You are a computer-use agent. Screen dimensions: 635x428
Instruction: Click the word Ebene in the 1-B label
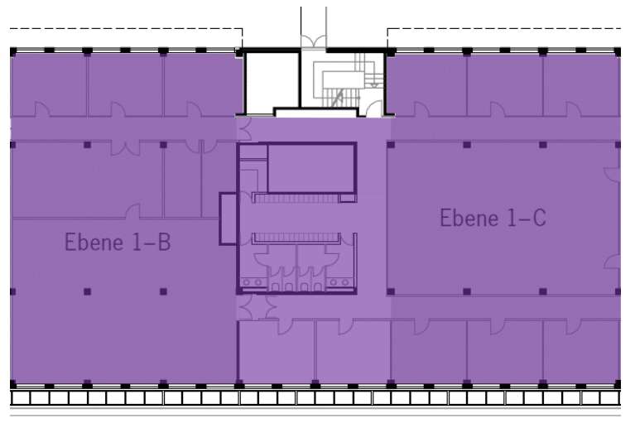pyautogui.click(x=94, y=242)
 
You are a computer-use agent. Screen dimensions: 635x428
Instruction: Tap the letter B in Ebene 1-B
pyautogui.click(x=164, y=242)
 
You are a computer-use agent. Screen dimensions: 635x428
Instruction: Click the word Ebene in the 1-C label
pyautogui.click(x=469, y=218)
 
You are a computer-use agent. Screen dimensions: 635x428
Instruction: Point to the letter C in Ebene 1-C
pyautogui.click(x=540, y=218)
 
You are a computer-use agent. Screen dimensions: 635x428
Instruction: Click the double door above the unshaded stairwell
pyautogui.click(x=313, y=41)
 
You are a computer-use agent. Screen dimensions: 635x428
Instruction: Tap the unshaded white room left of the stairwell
pyautogui.click(x=272, y=82)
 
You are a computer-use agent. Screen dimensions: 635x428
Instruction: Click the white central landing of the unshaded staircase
pyautogui.click(x=344, y=79)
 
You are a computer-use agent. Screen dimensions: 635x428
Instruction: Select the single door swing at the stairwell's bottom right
pyautogui.click(x=374, y=108)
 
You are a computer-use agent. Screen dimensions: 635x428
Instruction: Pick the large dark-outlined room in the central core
pyautogui.click(x=312, y=167)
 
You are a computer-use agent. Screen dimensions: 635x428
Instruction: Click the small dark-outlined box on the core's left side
pyautogui.click(x=229, y=219)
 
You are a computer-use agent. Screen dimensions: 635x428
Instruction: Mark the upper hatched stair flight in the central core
pyautogui.click(x=296, y=198)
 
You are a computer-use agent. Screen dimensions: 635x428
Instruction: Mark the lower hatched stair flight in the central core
pyautogui.click(x=296, y=238)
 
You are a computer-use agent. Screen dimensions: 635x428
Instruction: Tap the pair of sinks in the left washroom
pyautogui.click(x=253, y=282)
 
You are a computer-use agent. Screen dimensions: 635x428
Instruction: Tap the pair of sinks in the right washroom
pyautogui.click(x=339, y=282)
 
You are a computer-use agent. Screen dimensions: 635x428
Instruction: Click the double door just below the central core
pyautogui.click(x=257, y=306)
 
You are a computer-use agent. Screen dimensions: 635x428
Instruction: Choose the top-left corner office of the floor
pyautogui.click(x=49, y=84)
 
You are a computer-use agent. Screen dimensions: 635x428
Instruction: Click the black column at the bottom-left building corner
pyautogui.click(x=13, y=384)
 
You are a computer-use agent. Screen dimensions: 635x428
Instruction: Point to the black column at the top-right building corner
pyautogui.click(x=618, y=52)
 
